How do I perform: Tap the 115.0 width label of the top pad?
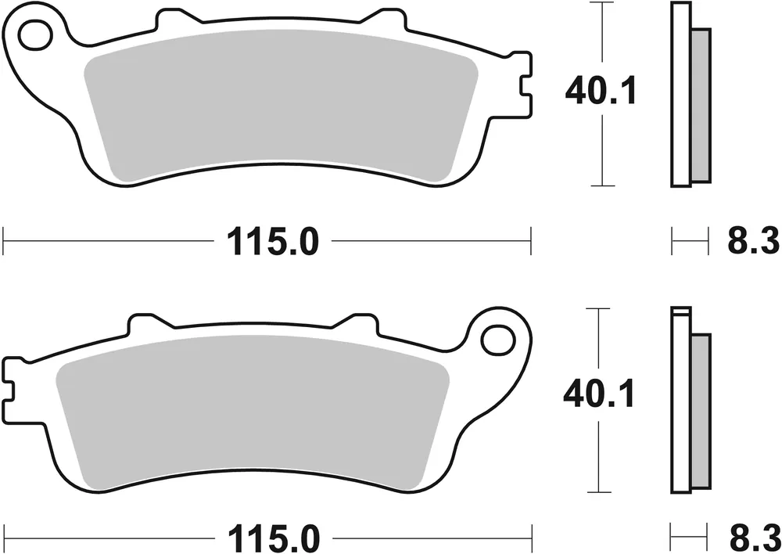(x=273, y=241)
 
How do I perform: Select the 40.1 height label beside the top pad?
(x=601, y=92)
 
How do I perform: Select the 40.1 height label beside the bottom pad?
(x=599, y=394)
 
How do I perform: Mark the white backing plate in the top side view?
(x=681, y=94)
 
